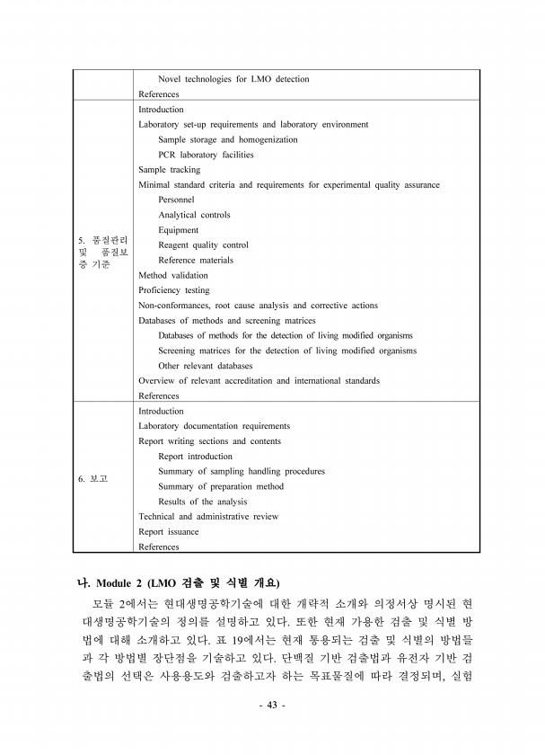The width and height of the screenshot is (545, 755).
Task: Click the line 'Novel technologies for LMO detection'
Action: (x=233, y=79)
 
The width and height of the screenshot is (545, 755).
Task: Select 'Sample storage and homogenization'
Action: (x=228, y=139)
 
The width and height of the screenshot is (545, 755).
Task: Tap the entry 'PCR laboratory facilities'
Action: (x=206, y=155)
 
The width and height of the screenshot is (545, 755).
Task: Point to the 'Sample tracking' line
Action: (x=169, y=169)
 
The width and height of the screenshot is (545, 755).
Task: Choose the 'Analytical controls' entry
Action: (x=194, y=215)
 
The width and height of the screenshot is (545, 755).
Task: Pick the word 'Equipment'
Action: (x=179, y=230)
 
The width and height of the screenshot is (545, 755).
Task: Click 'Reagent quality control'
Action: (x=203, y=244)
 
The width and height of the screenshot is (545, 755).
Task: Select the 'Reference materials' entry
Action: (x=196, y=260)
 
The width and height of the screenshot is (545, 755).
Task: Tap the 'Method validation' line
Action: (x=172, y=275)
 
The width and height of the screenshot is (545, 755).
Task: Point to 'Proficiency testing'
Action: (x=173, y=290)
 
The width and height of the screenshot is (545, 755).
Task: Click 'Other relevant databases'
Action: (x=205, y=366)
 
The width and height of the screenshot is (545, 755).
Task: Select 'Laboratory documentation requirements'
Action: (x=214, y=426)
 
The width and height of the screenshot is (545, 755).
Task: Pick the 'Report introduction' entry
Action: (x=195, y=457)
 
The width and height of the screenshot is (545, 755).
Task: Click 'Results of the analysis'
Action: (x=202, y=502)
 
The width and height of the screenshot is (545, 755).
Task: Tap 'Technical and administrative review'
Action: (x=207, y=517)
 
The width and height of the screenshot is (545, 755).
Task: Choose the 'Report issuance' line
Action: (x=169, y=531)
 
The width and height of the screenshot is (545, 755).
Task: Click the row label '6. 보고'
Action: (x=92, y=479)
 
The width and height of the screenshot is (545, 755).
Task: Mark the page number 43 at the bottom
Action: (x=272, y=706)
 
